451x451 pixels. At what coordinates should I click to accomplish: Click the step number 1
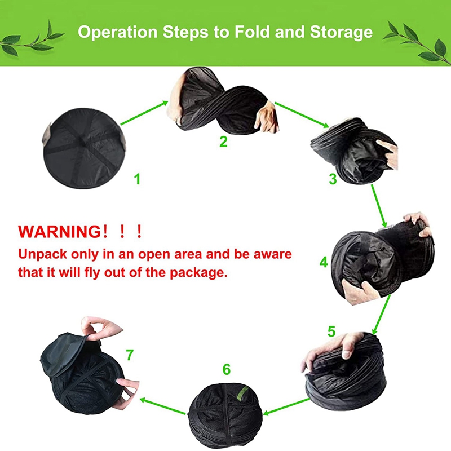[x=137, y=179]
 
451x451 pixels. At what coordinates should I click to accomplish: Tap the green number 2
[x=223, y=142]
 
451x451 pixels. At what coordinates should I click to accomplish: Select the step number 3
[x=333, y=179]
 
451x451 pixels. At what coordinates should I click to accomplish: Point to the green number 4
[x=324, y=262]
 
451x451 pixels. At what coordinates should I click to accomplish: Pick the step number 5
[x=331, y=331]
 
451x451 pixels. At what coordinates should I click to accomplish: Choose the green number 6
[x=227, y=370]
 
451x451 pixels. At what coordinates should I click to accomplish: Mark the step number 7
[x=130, y=355]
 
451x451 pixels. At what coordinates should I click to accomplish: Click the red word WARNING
[x=59, y=231]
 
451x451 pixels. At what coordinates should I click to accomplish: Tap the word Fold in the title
[x=252, y=32]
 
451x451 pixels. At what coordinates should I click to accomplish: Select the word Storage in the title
[x=342, y=33]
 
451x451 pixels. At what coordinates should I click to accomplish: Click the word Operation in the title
[x=117, y=32]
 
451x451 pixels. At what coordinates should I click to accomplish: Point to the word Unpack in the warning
[x=43, y=255]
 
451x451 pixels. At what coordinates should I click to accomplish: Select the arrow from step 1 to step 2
[x=144, y=113]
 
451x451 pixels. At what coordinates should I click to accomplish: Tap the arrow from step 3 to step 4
[x=379, y=205]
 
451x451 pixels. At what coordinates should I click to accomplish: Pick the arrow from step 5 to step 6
[x=286, y=406]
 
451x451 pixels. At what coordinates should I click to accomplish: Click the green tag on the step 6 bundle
[x=242, y=393]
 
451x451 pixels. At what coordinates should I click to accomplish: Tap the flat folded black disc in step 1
[x=84, y=148]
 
